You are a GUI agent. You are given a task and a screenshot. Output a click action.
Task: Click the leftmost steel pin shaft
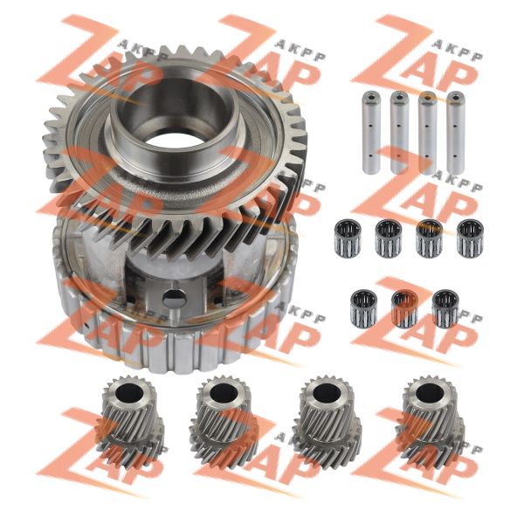click(x=372, y=133)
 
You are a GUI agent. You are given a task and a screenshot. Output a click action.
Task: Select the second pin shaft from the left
click(x=399, y=133)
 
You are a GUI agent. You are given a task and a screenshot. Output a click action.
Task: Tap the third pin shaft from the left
click(x=427, y=133)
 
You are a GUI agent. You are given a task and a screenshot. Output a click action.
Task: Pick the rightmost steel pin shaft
click(x=456, y=133)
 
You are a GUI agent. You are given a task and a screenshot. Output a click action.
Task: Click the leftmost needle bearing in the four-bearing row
click(x=348, y=238)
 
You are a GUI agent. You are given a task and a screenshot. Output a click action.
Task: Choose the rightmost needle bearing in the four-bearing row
click(x=470, y=238)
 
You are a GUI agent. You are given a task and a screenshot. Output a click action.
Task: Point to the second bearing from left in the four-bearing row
click(x=389, y=238)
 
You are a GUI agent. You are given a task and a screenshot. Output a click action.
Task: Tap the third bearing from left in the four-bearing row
click(x=430, y=238)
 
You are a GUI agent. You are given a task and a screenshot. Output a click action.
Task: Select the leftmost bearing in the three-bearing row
click(x=364, y=309)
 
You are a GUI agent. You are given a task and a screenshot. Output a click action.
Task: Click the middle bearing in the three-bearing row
click(x=404, y=309)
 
